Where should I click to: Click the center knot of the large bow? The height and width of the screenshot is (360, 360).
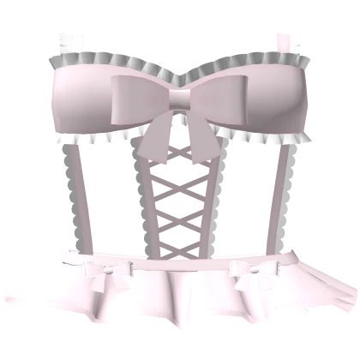(180, 99)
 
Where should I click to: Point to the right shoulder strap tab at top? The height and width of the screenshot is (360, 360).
(290, 39)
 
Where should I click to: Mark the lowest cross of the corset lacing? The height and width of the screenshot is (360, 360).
(180, 231)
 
